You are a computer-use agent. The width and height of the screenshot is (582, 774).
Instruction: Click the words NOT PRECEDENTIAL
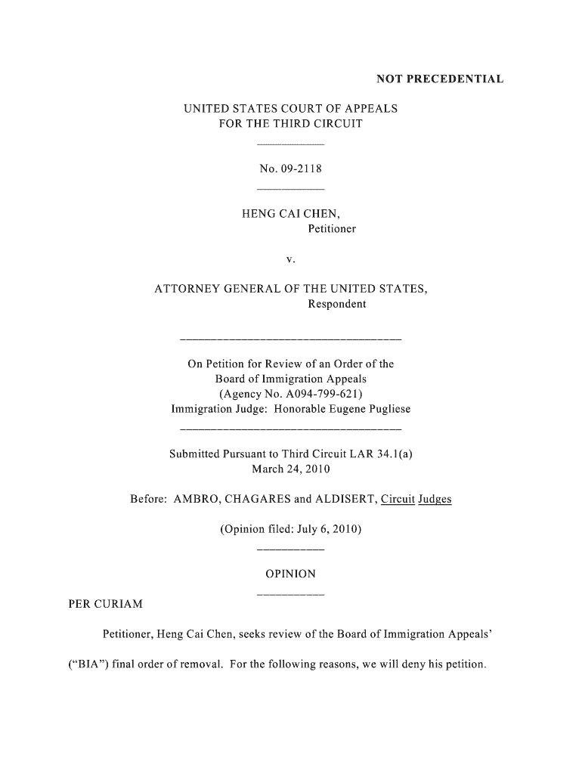tap(440, 79)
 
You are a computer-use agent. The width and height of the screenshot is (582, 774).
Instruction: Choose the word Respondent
tap(336, 304)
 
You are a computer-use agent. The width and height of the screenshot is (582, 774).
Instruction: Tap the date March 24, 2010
tap(290, 469)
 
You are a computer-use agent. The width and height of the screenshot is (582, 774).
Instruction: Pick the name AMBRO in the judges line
tap(197, 500)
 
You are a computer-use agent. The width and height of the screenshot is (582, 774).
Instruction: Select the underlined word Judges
tap(434, 500)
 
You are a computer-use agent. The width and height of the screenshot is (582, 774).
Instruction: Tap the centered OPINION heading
tap(290, 574)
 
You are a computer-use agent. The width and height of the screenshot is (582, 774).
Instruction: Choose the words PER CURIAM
tap(105, 605)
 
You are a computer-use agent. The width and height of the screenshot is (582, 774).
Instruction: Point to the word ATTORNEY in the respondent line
tap(186, 289)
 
